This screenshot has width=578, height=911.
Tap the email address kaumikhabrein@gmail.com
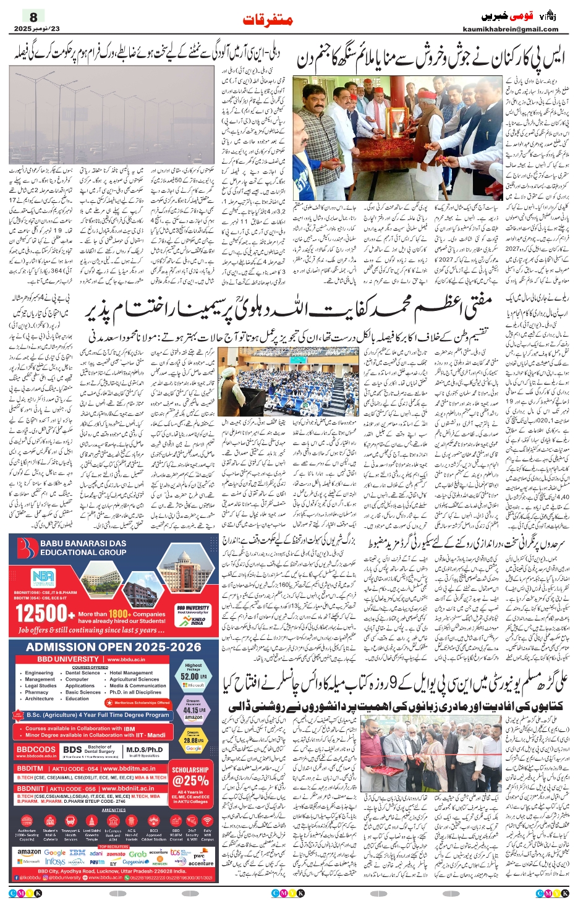point(510,29)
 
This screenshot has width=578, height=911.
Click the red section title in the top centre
point(268,20)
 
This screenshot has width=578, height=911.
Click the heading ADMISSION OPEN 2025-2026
point(114,647)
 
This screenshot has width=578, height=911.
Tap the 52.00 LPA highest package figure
point(193,676)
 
